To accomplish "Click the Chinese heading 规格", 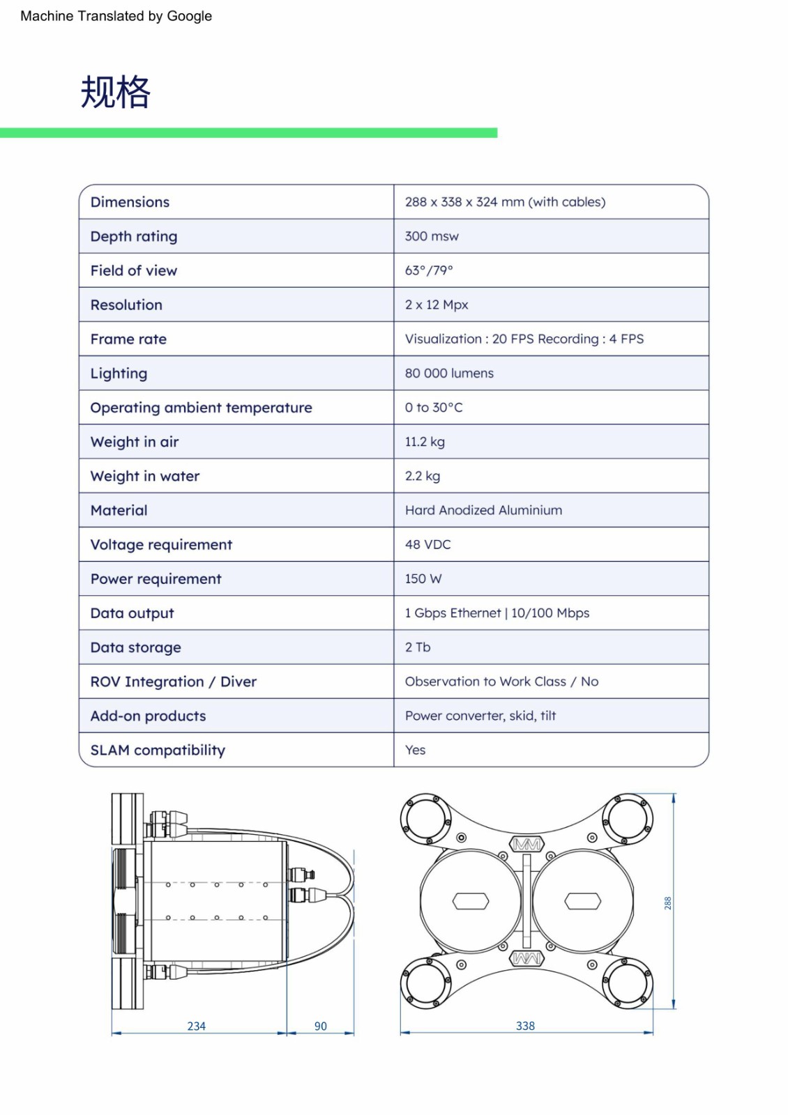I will pyautogui.click(x=115, y=92).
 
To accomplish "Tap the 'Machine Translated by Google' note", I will pyautogui.click(x=116, y=16).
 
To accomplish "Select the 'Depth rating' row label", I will pyautogui.click(x=134, y=236).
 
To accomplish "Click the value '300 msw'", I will pyautogui.click(x=432, y=236).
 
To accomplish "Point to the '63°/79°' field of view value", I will pyautogui.click(x=429, y=270).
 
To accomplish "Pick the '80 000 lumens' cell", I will pyautogui.click(x=449, y=374).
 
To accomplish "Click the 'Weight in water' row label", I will pyautogui.click(x=145, y=476).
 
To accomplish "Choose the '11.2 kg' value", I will pyautogui.click(x=425, y=442).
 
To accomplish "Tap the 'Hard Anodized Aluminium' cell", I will pyautogui.click(x=483, y=510).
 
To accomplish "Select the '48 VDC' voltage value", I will pyautogui.click(x=427, y=544).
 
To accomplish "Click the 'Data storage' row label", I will pyautogui.click(x=136, y=647).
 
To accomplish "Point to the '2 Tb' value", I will pyautogui.click(x=418, y=647).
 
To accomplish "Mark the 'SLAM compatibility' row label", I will pyautogui.click(x=158, y=751).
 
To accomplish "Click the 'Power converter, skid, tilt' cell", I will pyautogui.click(x=480, y=716).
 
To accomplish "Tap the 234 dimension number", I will pyautogui.click(x=197, y=1026).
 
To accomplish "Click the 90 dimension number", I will pyautogui.click(x=321, y=1026).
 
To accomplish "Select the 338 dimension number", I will pyautogui.click(x=525, y=1026).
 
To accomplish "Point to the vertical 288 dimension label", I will pyautogui.click(x=667, y=903).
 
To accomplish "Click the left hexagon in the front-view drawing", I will pyautogui.click(x=471, y=901).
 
